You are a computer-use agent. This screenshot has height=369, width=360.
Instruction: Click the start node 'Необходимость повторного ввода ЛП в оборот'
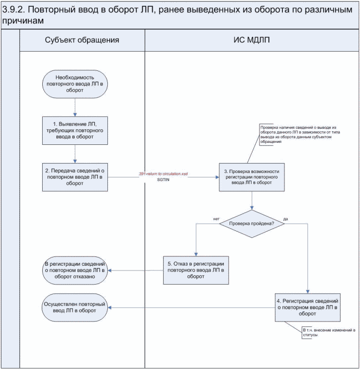pos(76,84)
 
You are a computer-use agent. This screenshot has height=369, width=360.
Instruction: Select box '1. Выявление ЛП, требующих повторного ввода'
pos(76,130)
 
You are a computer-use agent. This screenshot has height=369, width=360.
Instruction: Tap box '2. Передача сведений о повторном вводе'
pos(76,177)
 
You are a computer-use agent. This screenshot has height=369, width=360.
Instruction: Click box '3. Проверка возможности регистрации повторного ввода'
pos(252,177)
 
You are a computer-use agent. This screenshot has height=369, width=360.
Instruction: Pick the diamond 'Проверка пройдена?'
pos(252,223)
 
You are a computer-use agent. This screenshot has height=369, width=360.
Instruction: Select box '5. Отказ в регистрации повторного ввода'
pos(196,269)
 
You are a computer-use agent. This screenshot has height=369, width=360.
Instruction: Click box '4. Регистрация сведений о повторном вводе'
pos(308,308)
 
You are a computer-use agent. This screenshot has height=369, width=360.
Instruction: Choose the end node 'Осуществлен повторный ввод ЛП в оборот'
pos(76,308)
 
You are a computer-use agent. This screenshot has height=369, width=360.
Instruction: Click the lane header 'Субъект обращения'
pos(82,40)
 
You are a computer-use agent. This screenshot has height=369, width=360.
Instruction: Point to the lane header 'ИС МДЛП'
pos(251,40)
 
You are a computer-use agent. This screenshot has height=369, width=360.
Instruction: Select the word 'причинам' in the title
pos(22,21)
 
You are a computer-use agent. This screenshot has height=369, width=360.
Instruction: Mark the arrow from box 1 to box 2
pos(76,153)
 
